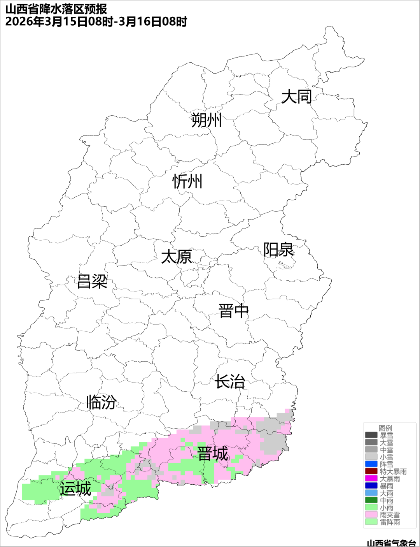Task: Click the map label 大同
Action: coord(296,97)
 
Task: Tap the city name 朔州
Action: coord(206,120)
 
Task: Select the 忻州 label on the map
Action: coord(187,181)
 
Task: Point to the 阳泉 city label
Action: coord(278,250)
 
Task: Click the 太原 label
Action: coord(177,257)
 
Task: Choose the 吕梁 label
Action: coord(92,281)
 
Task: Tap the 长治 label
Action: coord(230,382)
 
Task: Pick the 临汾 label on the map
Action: coord(101,402)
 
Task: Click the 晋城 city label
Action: coord(213,454)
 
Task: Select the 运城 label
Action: coord(75,489)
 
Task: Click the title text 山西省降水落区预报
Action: coord(56,9)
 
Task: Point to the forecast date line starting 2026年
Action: coord(96,21)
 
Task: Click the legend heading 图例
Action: coord(385,428)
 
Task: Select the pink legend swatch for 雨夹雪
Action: coord(371,515)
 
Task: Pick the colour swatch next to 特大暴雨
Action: coord(371,471)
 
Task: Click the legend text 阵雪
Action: coord(387,464)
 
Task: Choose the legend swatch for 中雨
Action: coord(371,500)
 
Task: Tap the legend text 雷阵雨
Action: coord(390,522)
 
